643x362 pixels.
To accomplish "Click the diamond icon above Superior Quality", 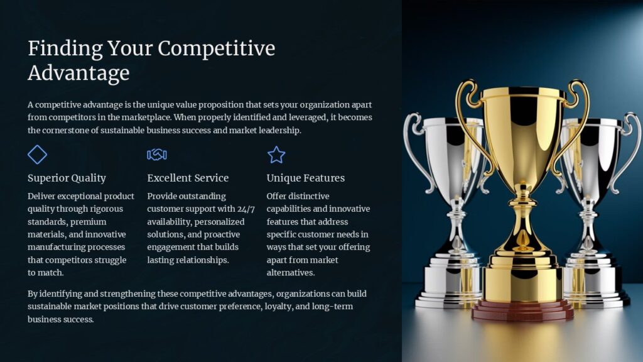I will pyautogui.click(x=38, y=155).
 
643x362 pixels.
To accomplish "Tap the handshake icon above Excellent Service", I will pyautogui.click(x=156, y=155).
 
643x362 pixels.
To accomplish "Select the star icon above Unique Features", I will pyautogui.click(x=276, y=155).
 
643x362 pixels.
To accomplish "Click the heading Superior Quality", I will pyautogui.click(x=67, y=178).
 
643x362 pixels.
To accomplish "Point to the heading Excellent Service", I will pyautogui.click(x=188, y=178).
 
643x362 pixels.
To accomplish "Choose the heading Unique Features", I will pyautogui.click(x=305, y=178).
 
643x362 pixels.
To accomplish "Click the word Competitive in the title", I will pyautogui.click(x=217, y=49).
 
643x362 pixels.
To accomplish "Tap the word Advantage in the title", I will pyautogui.click(x=78, y=73).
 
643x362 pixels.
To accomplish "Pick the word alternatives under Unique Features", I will pyautogui.click(x=290, y=273).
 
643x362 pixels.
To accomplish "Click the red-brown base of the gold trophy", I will pyautogui.click(x=522, y=310).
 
